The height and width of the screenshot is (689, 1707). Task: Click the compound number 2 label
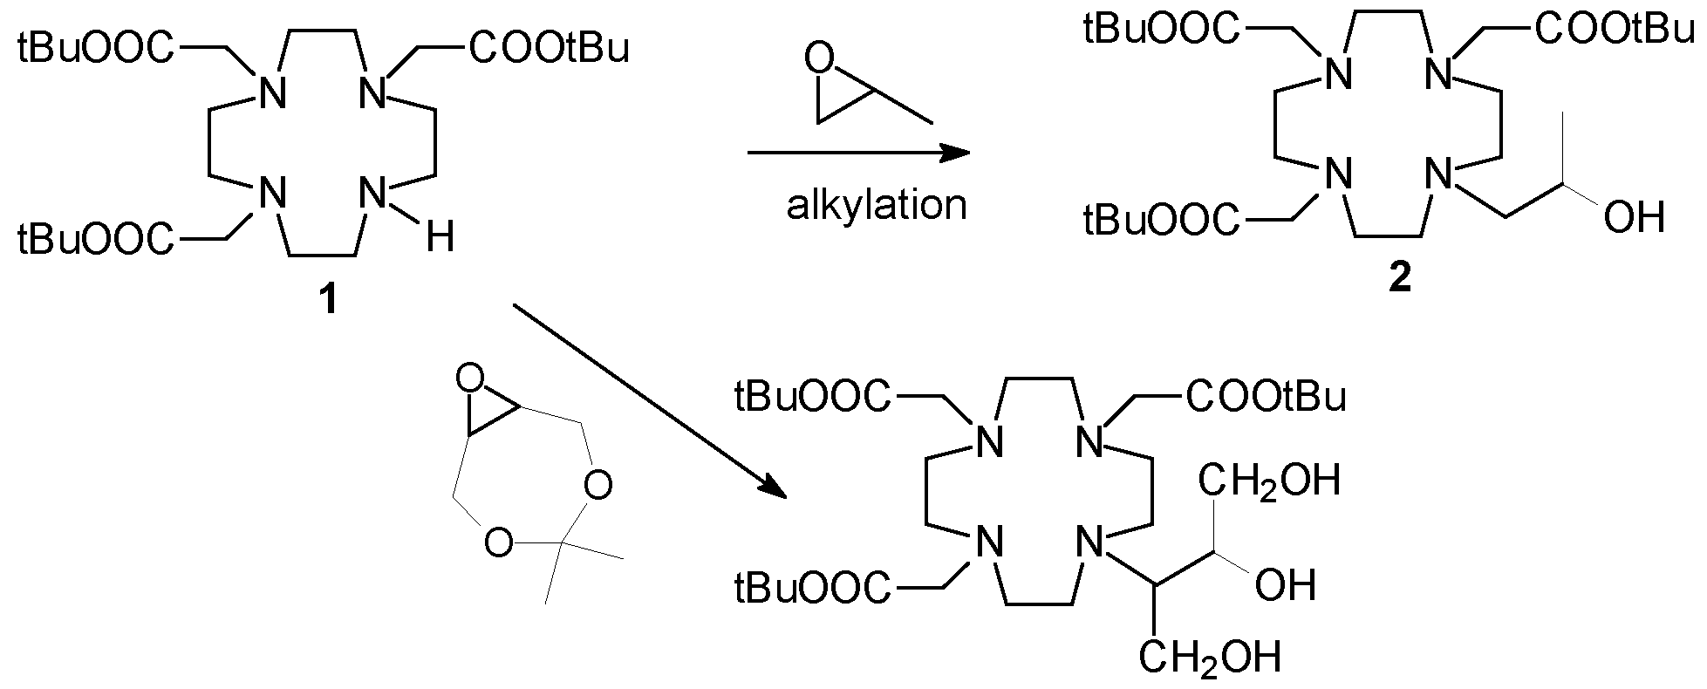tap(1398, 282)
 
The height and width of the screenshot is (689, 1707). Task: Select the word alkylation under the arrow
tap(877, 206)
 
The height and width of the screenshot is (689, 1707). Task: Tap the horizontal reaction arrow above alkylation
tap(858, 153)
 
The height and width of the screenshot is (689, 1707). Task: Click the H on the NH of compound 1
tap(440, 235)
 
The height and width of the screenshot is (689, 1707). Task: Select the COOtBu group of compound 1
tap(549, 49)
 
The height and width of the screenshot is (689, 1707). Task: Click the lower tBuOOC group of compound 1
tap(94, 238)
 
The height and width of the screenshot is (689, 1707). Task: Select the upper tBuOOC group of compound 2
tap(1160, 30)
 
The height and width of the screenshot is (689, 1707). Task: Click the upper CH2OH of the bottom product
tap(1269, 480)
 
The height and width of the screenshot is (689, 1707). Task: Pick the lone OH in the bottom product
tap(1285, 585)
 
